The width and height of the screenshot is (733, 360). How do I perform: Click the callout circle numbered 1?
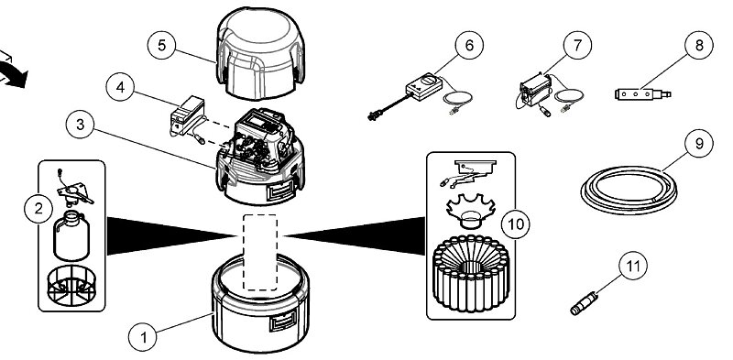click(143, 337)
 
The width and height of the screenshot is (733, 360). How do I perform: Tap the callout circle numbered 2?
click(38, 209)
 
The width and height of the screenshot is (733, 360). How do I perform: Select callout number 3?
click(81, 125)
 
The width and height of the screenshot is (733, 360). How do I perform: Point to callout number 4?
click(121, 87)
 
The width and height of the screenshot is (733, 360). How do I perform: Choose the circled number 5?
click(162, 46)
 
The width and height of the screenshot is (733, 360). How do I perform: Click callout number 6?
click(469, 45)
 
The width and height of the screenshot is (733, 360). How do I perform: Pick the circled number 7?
click(577, 45)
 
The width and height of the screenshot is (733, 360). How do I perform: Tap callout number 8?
click(699, 45)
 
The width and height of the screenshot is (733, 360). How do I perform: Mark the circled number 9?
click(699, 143)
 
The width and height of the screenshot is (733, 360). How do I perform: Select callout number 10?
click(516, 224)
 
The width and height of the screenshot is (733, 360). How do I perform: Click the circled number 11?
click(633, 266)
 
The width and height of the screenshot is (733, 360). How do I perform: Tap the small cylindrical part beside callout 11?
click(584, 303)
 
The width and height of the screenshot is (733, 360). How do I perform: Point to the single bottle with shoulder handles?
click(71, 235)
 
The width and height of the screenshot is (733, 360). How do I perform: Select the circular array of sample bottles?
click(471, 273)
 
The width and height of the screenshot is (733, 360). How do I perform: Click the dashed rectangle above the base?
click(260, 253)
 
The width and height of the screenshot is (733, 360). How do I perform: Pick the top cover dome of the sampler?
click(260, 53)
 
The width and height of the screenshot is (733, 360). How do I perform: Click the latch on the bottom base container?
click(283, 322)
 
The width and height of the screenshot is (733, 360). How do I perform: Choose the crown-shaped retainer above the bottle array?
click(471, 211)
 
